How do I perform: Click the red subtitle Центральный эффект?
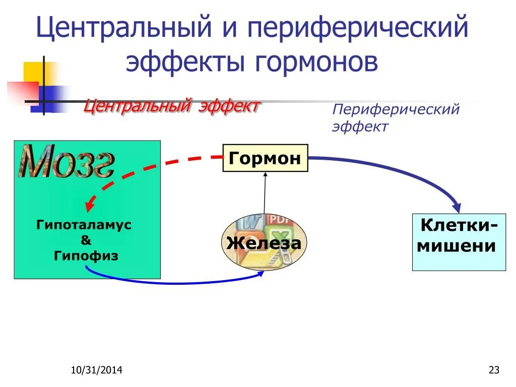coord(171,106)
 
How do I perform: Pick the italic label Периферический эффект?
coord(395,117)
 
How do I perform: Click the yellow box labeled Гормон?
coord(265,158)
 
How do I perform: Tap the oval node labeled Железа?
coord(264,243)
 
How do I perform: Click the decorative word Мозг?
coord(67,162)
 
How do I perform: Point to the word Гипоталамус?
coord(84,225)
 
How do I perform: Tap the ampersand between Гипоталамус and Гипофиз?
coord(86,240)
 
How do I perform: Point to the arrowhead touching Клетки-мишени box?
coord(457,207)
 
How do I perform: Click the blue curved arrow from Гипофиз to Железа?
coord(171,282)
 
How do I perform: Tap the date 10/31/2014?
coord(96,371)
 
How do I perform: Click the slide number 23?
coord(494,371)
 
